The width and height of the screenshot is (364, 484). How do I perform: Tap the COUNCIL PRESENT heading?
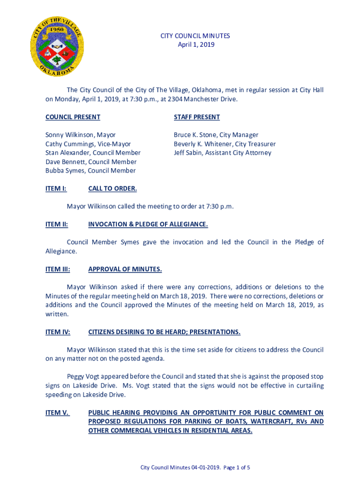73,117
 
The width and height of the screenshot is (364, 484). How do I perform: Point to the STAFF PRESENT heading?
197,117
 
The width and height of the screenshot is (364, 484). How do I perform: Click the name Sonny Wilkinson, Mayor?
80,135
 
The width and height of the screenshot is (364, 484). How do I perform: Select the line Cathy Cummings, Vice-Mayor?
88,144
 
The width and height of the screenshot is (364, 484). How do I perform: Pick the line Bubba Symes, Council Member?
90,171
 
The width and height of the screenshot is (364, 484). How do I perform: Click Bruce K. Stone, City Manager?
216,135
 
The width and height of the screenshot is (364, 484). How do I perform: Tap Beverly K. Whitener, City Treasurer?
225,144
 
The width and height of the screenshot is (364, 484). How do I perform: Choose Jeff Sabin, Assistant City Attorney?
222,153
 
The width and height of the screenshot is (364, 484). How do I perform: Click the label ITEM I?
56,189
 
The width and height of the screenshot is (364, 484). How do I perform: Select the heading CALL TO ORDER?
113,189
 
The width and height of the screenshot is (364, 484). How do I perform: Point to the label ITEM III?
58,269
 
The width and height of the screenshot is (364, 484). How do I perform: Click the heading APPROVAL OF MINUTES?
125,269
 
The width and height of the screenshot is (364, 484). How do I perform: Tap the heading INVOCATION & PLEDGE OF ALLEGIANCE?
148,224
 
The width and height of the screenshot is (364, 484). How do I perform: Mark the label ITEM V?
57,413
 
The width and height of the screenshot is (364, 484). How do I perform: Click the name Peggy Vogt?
83,377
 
